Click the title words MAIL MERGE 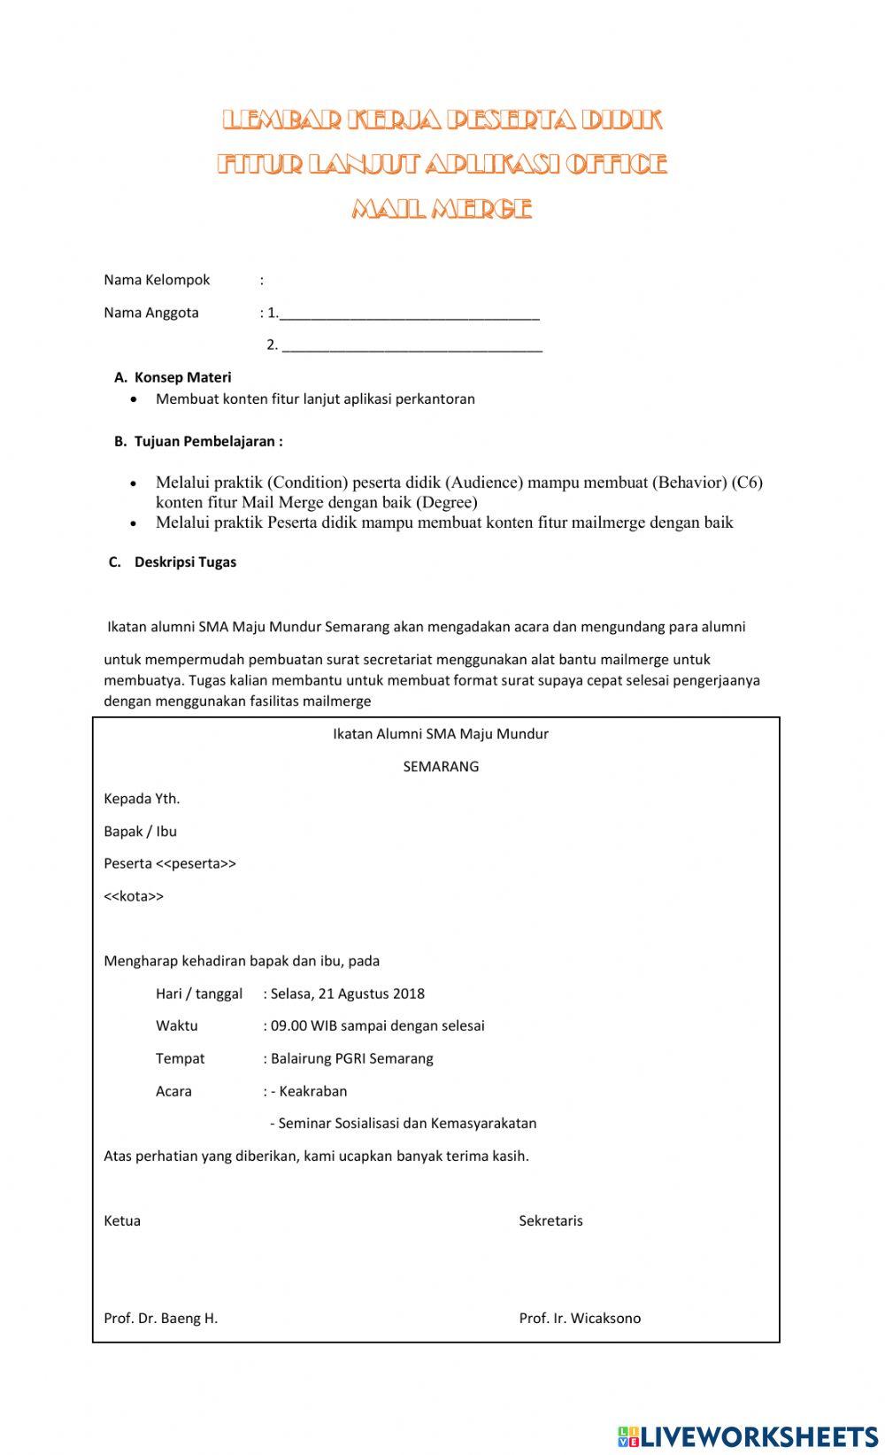[x=442, y=209]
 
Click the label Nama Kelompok [x=157, y=280]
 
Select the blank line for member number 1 [x=409, y=314]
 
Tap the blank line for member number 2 [x=412, y=346]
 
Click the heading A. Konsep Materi [x=173, y=377]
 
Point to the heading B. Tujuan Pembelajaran [x=198, y=441]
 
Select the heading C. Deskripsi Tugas [x=173, y=561]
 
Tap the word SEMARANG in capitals [x=441, y=767]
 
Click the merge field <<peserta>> [x=196, y=863]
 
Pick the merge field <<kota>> [x=134, y=896]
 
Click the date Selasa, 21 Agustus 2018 [x=347, y=994]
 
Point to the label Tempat [x=180, y=1058]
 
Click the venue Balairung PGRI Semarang [x=351, y=1058]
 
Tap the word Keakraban [x=312, y=1091]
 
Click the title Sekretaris [x=550, y=1220]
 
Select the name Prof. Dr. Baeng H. [x=160, y=1318]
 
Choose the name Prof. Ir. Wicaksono [x=580, y=1318]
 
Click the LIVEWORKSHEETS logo [x=748, y=1436]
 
